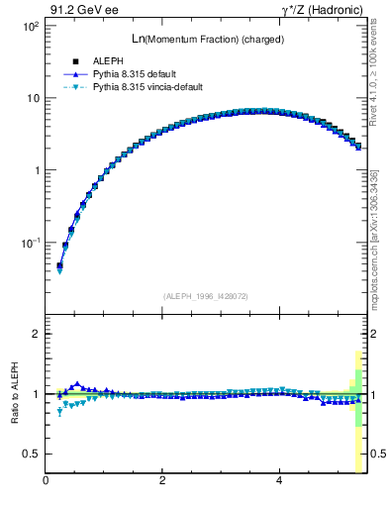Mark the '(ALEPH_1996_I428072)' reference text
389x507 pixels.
coord(205,295)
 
